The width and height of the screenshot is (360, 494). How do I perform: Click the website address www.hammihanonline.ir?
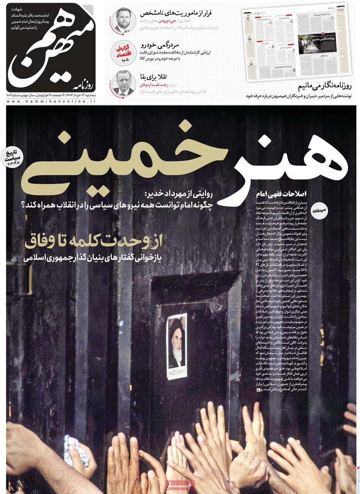[51, 101]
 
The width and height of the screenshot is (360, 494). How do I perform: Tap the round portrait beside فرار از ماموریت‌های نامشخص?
[123, 20]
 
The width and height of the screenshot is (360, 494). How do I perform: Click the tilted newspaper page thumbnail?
[297, 42]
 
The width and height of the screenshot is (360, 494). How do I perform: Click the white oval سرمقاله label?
[323, 210]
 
